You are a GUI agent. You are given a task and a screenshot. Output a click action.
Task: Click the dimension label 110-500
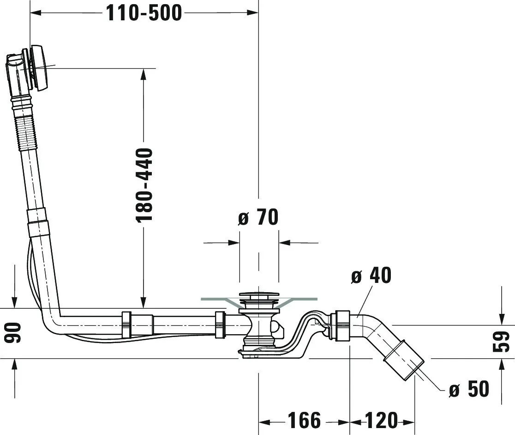pyautogui.click(x=144, y=13)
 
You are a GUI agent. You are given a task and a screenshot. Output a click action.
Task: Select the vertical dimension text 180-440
pyautogui.click(x=144, y=184)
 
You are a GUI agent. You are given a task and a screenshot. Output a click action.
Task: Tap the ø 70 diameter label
pyautogui.click(x=258, y=217)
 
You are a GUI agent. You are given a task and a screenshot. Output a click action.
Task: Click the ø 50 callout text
pyautogui.click(x=469, y=390)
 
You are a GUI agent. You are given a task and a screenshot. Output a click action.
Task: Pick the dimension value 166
pyautogui.click(x=304, y=421)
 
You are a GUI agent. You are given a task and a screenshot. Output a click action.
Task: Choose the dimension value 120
pyautogui.click(x=381, y=421)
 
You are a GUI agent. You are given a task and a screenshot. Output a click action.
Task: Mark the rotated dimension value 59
pyautogui.click(x=501, y=342)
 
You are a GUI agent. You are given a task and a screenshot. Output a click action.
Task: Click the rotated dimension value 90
pyautogui.click(x=14, y=333)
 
